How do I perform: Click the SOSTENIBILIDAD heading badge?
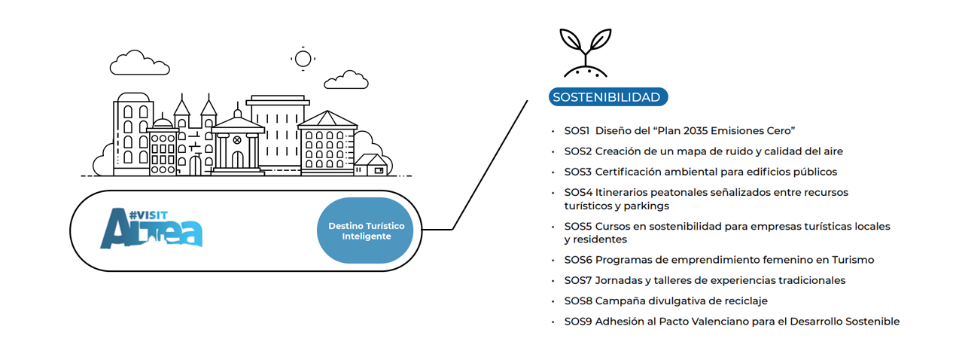coord(606,97)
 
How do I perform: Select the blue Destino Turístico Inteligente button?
coord(366,230)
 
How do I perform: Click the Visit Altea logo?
coord(151,228)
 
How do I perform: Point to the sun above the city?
coord(303,59)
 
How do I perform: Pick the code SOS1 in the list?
coord(577,130)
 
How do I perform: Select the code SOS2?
coord(579,151)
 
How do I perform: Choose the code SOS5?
coord(579,226)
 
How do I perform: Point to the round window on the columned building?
coord(236,140)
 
